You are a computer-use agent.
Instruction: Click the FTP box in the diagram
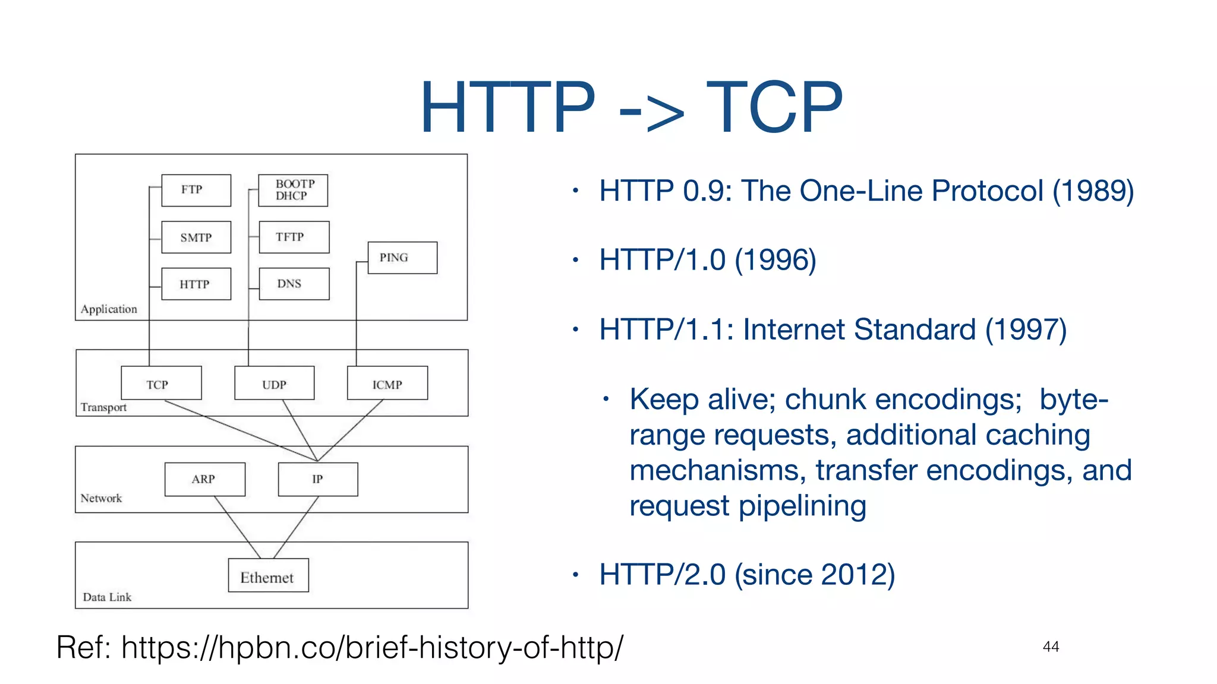pyautogui.click(x=196, y=190)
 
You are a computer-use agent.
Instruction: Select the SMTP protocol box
pyautogui.click(x=196, y=237)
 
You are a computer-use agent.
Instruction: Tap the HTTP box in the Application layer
pyautogui.click(x=196, y=284)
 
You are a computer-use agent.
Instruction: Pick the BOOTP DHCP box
pyautogui.click(x=293, y=190)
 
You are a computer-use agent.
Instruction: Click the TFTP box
pyautogui.click(x=294, y=237)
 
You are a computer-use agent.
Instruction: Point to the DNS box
pyautogui.click(x=294, y=284)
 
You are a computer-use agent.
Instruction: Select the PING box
pyautogui.click(x=402, y=258)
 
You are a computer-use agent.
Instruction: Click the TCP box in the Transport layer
pyautogui.click(x=161, y=384)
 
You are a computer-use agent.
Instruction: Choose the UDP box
pyautogui.click(x=274, y=384)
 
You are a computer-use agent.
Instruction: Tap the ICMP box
pyautogui.click(x=387, y=384)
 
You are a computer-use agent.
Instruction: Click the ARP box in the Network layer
pyautogui.click(x=204, y=479)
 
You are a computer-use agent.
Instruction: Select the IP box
pyautogui.click(x=318, y=479)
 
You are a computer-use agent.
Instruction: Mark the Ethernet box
pyautogui.click(x=268, y=575)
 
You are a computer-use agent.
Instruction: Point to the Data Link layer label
pyautogui.click(x=107, y=597)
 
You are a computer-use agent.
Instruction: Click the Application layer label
pyautogui.click(x=109, y=309)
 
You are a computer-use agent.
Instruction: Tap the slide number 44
pyautogui.click(x=1051, y=647)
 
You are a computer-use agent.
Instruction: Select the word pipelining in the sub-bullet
pyautogui.click(x=802, y=506)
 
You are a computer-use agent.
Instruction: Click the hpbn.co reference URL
pyautogui.click(x=372, y=647)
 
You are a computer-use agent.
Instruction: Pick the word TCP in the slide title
pyautogui.click(x=774, y=107)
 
